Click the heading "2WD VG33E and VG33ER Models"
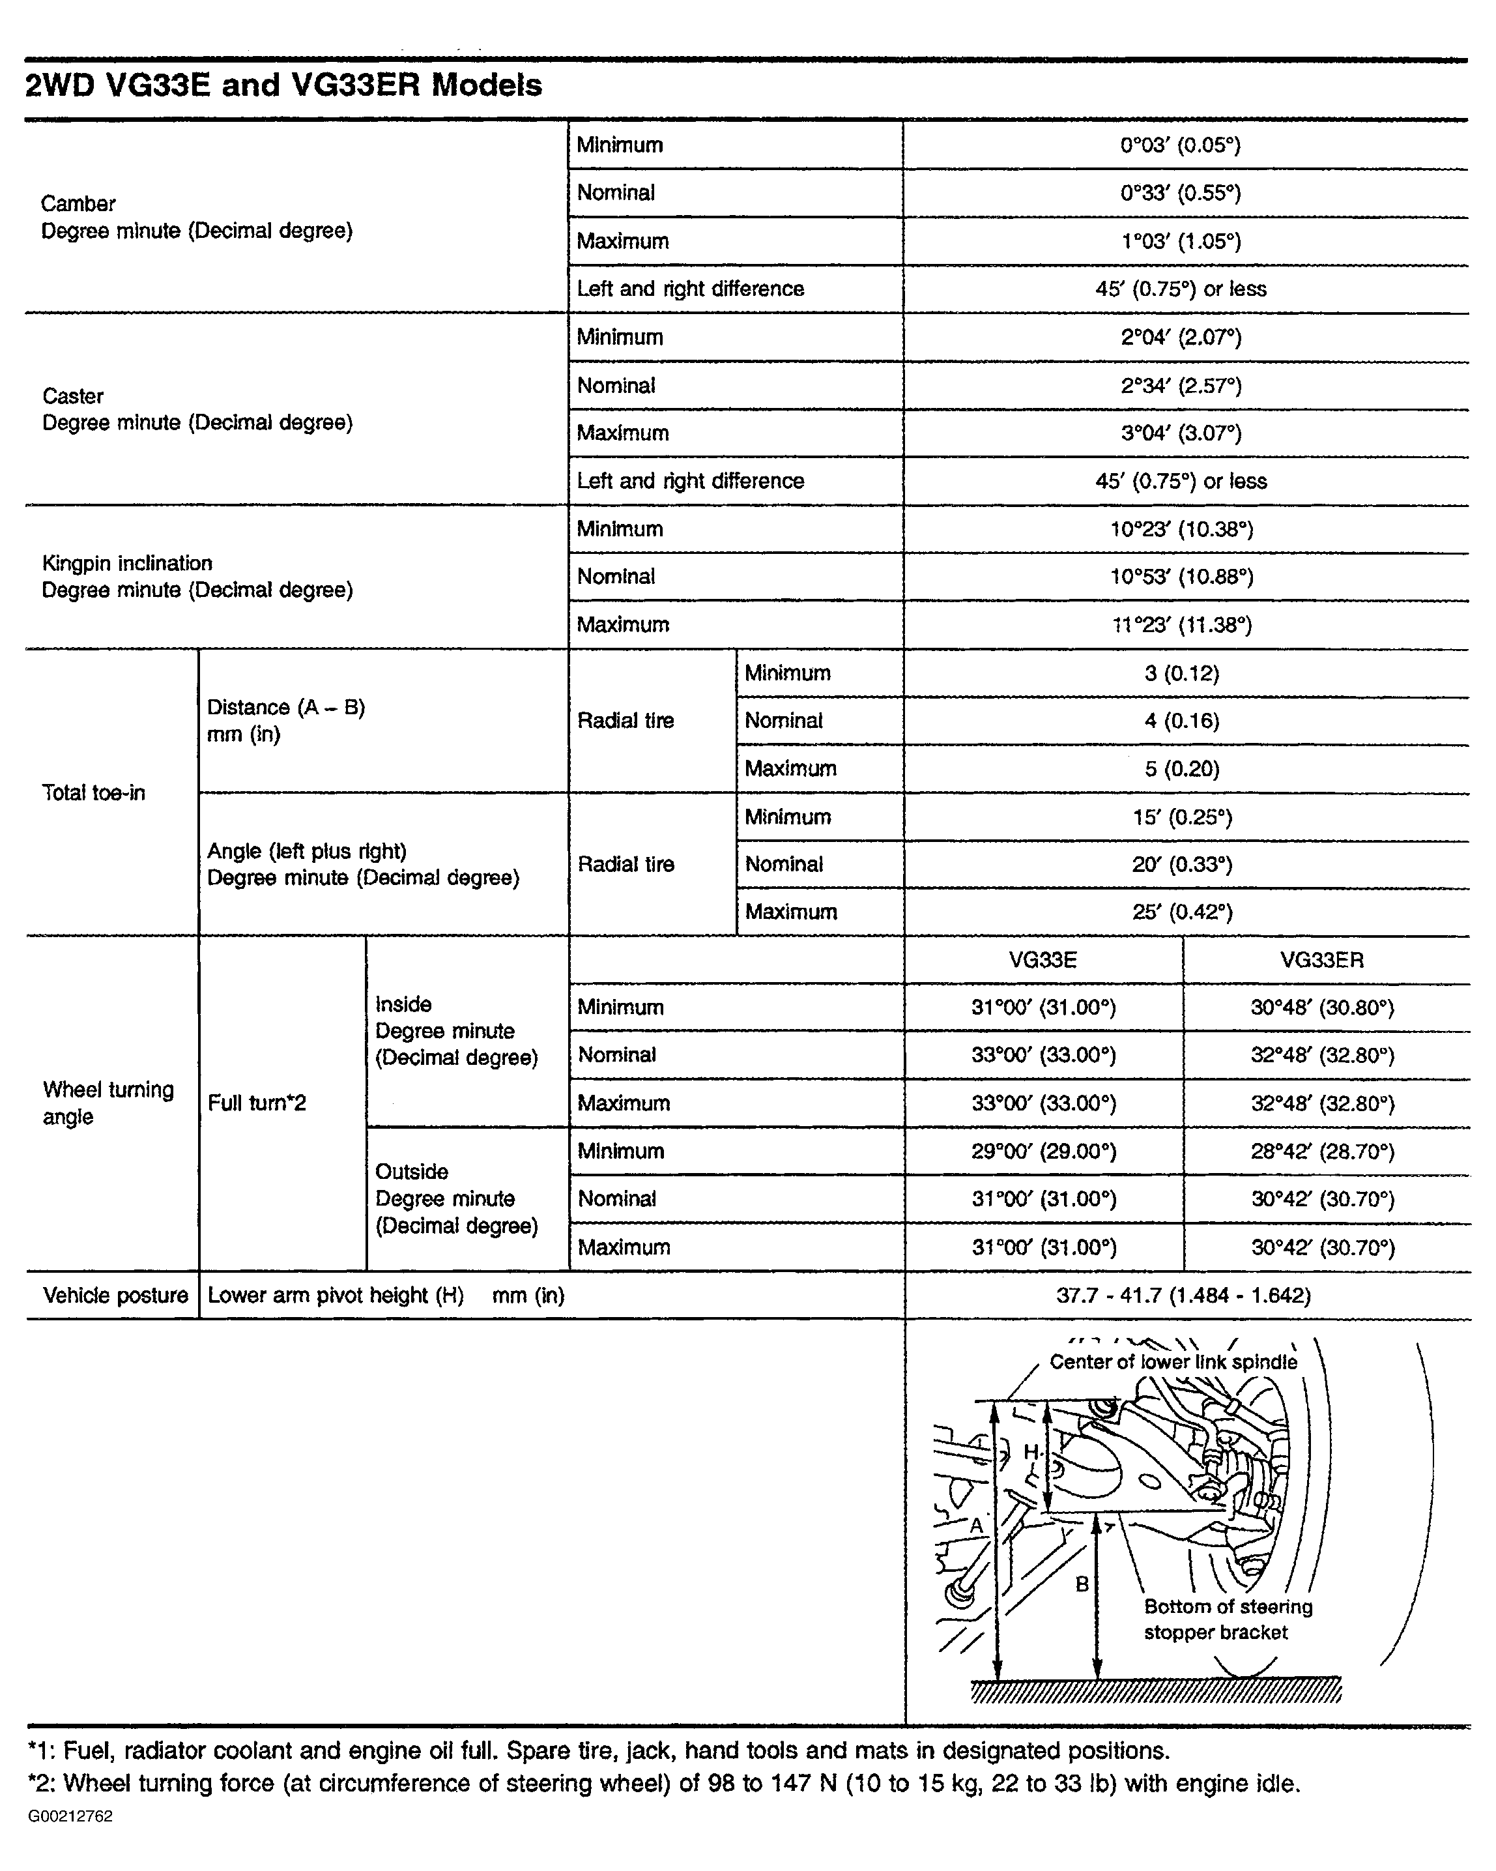[x=283, y=85]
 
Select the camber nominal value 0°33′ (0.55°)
[x=1180, y=193]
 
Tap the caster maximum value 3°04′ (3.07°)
[x=1180, y=432]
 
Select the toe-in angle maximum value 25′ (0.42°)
[x=1181, y=911]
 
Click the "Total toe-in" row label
[x=94, y=792]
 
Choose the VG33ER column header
[x=1321, y=960]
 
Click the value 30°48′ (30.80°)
[x=1321, y=1008]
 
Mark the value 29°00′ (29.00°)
[x=1043, y=1151]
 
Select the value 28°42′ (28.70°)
[x=1321, y=1151]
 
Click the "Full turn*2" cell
[x=257, y=1103]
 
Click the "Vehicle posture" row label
[x=115, y=1296]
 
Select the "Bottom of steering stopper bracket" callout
[x=1227, y=1619]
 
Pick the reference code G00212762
[x=70, y=1816]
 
